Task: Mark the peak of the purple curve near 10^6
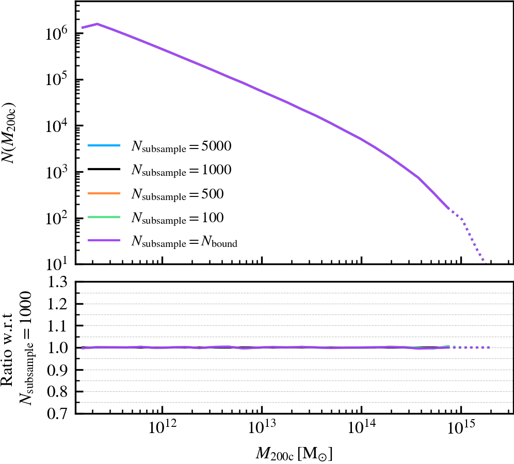(x=97, y=24)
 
